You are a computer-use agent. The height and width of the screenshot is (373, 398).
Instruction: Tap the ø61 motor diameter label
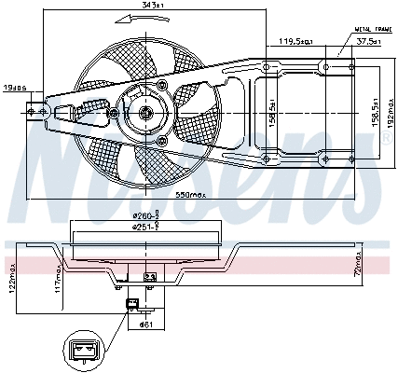[x=146, y=325]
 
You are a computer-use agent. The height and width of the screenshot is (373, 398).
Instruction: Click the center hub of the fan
[x=146, y=114]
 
